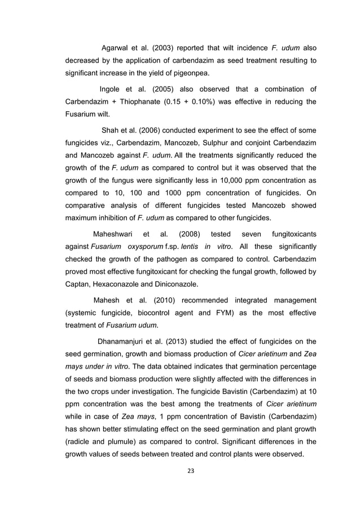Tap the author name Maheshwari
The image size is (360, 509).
click(x=116, y=234)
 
